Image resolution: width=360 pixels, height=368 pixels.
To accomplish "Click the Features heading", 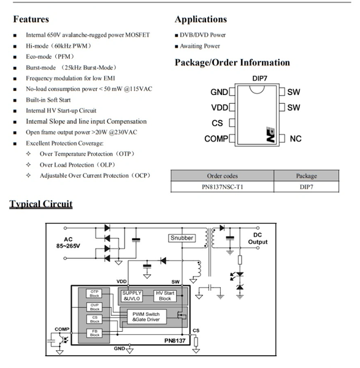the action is [x=31, y=19].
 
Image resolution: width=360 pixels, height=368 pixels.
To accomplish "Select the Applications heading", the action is [x=201, y=20].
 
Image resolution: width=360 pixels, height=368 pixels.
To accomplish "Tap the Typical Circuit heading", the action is [x=41, y=204].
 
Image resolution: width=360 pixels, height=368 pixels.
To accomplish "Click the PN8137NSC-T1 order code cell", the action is [x=222, y=187].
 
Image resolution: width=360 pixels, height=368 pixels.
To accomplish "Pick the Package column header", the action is [x=306, y=176].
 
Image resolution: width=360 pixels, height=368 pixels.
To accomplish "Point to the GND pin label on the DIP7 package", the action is [x=219, y=92].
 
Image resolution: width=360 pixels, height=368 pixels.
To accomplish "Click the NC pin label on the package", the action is [x=296, y=139].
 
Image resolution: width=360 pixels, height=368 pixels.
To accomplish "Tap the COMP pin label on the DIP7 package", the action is [x=216, y=139].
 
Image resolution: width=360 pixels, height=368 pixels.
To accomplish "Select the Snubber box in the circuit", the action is [x=182, y=238].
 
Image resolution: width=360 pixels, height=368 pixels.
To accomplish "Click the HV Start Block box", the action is [x=165, y=296].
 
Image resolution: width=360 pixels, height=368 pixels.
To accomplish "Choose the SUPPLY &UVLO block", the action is [x=132, y=296].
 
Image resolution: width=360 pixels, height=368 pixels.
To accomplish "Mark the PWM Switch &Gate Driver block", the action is [x=147, y=317].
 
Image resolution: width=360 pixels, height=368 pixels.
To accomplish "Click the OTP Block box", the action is [x=94, y=294].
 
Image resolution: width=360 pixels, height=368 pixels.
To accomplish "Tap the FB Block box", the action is [x=94, y=333].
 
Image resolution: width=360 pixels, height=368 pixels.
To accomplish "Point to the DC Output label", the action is [x=258, y=239].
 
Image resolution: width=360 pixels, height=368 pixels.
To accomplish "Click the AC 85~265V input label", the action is [x=68, y=243].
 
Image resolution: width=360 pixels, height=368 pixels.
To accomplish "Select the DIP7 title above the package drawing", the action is [x=259, y=79].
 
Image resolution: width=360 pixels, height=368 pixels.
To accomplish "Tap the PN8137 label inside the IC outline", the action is [x=175, y=340].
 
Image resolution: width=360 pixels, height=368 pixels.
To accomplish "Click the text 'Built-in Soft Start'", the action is [x=48, y=100].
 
